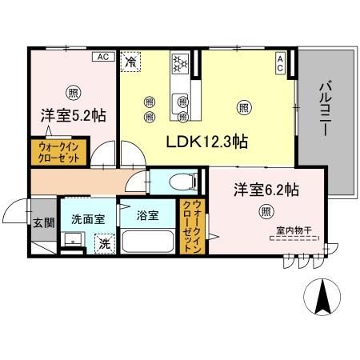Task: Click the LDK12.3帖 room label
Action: pyautogui.click(x=206, y=142)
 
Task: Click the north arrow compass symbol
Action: pyautogui.click(x=324, y=298)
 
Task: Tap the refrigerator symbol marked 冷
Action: pyautogui.click(x=130, y=60)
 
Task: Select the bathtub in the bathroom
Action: pyautogui.click(x=150, y=242)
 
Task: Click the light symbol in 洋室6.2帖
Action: pyautogui.click(x=265, y=211)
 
